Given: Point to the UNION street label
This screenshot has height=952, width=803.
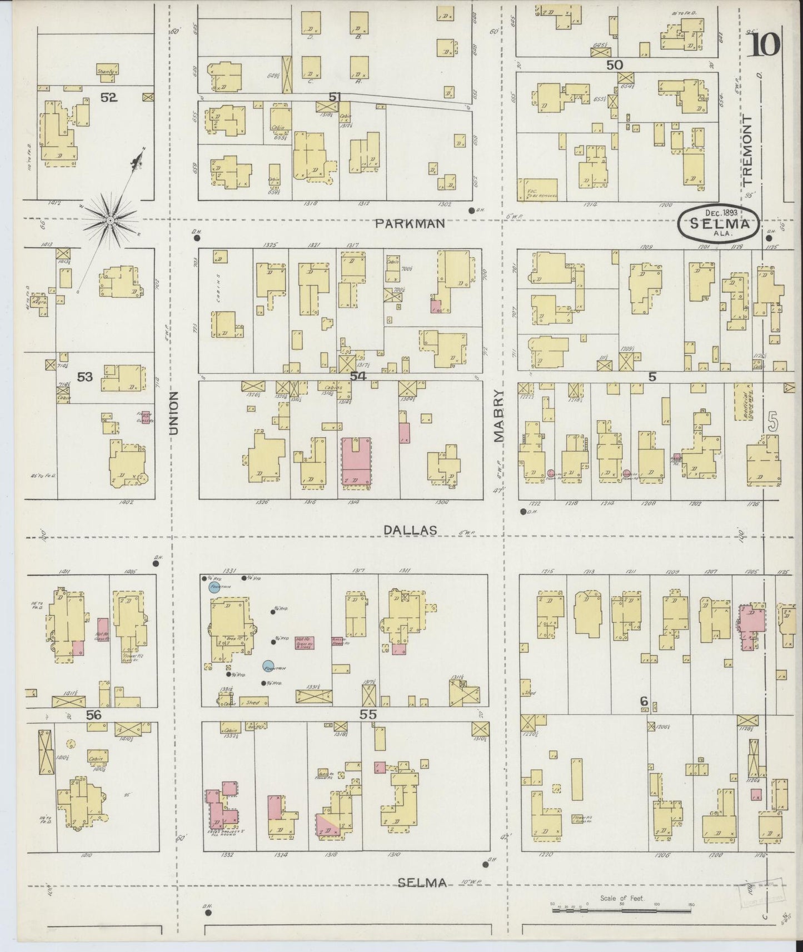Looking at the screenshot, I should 174,413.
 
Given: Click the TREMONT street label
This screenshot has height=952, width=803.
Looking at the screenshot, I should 747,150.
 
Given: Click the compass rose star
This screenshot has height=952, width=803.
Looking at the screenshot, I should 111,221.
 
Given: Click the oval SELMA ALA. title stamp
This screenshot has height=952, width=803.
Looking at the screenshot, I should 718,224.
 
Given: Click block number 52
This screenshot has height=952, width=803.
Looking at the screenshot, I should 109,98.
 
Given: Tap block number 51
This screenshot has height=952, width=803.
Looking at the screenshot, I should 334,97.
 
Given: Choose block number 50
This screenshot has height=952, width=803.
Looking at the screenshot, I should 614,64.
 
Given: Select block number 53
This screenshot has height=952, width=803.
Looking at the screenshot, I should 84,377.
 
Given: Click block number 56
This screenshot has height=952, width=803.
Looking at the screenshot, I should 94,715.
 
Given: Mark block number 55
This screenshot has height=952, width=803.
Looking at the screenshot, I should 368,715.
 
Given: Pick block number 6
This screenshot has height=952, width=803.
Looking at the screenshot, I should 644,702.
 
